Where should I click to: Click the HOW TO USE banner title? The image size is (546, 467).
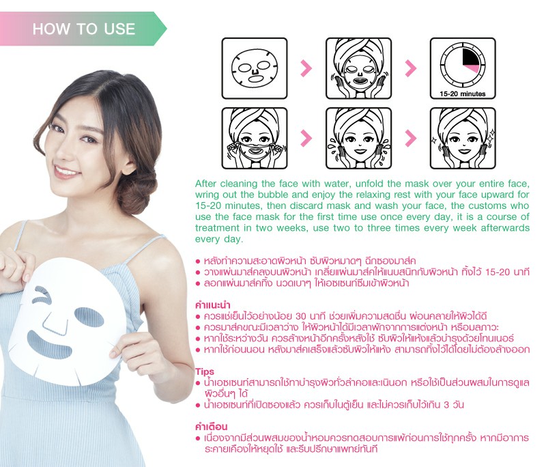84,29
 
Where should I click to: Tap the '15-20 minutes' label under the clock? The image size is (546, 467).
463,94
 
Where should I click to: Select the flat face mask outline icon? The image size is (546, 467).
255,68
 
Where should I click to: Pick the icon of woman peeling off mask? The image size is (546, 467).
255,138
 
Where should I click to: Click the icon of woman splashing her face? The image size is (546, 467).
359,138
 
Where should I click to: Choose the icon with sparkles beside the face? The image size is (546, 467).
463,138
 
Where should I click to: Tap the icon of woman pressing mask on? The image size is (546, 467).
359,68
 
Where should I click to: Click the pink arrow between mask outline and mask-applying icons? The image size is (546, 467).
306,68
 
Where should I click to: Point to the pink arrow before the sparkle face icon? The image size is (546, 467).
411,138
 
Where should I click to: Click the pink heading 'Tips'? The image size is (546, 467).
204,371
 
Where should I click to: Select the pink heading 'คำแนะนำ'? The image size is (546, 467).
212,305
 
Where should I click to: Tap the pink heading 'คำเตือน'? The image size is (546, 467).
211,427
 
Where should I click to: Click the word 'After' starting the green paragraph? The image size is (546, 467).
206,184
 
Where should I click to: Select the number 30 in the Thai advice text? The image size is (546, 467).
302,317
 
